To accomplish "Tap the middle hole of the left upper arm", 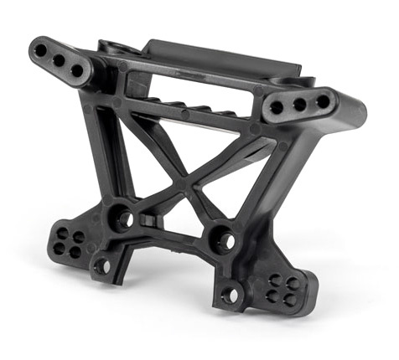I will pyautogui.click(x=58, y=61).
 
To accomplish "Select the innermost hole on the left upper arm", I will pyautogui.click(x=77, y=70).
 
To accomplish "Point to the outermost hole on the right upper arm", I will pyautogui.click(x=321, y=101).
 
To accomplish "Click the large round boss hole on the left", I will pyautogui.click(x=123, y=220).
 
